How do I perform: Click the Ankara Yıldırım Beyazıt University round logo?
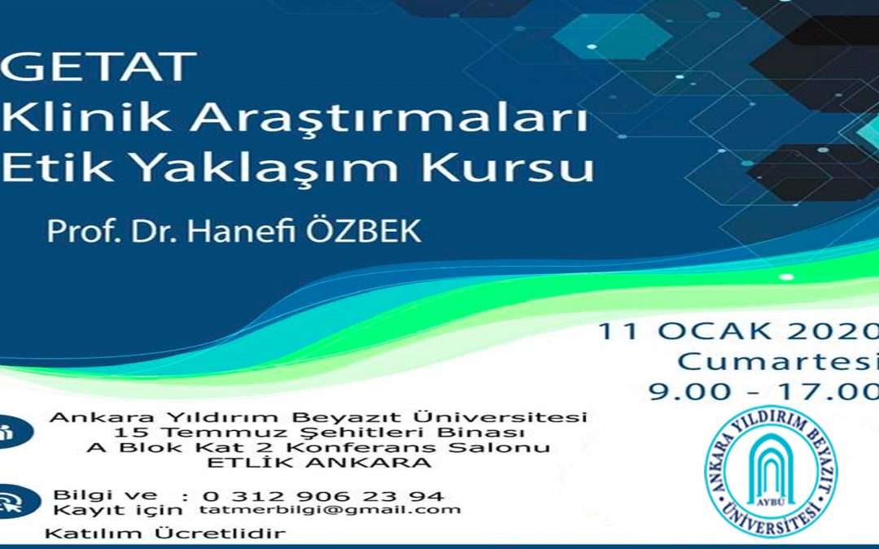click(770, 473)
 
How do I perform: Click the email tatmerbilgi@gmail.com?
click(330, 510)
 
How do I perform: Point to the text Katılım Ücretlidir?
click(165, 534)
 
